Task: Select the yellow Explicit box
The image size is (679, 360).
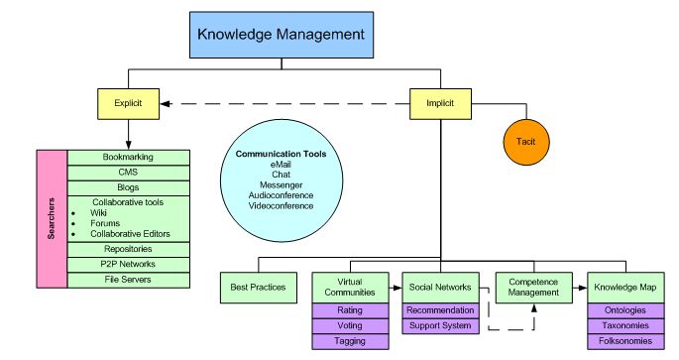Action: tap(128, 102)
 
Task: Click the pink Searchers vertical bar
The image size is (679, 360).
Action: tap(51, 217)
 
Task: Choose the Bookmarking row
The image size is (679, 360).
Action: tap(128, 157)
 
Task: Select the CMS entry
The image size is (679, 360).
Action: tap(128, 172)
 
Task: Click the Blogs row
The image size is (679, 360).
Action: tap(128, 186)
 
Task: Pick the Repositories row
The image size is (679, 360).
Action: tap(128, 248)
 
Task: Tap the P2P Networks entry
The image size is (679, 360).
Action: tap(128, 264)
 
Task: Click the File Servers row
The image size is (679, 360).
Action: tap(128, 280)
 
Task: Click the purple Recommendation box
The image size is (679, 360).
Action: tap(440, 310)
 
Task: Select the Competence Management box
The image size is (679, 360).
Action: tap(532, 289)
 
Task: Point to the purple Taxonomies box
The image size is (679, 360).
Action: tap(625, 325)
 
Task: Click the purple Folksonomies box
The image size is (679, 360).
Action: tap(625, 340)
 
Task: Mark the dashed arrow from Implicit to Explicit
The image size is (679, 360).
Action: tap(287, 102)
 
